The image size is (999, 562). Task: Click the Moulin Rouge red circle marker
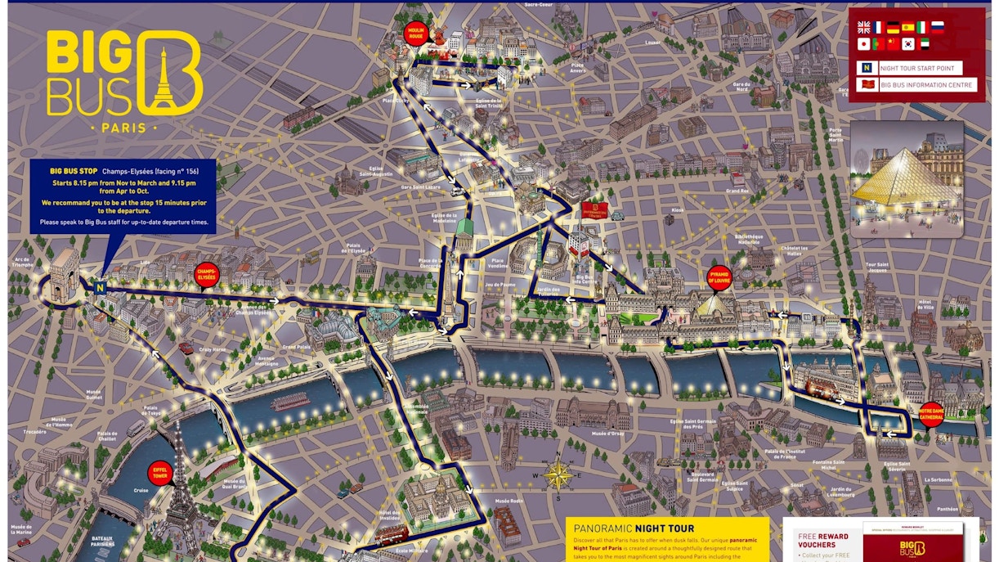point(417,34)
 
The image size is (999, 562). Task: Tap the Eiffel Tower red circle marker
point(160,471)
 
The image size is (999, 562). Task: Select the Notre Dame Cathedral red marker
point(930,413)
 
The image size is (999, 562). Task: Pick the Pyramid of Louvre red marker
point(719,277)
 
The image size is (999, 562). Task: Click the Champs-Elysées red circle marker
point(206,275)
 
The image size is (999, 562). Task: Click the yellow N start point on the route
point(99,287)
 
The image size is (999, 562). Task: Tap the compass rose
point(558,474)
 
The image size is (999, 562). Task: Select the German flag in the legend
point(894,27)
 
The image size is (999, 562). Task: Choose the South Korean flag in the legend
point(908,44)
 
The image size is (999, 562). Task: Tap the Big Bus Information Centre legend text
point(926,85)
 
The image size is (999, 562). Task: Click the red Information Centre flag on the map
point(592,210)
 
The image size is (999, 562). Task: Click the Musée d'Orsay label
point(607,433)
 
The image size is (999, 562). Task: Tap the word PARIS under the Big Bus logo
point(123,128)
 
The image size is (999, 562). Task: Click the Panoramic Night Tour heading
point(634,528)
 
